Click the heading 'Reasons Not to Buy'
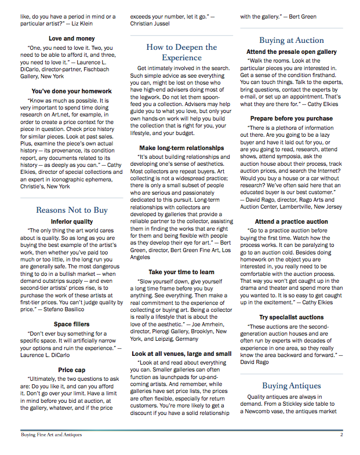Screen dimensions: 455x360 (72, 210)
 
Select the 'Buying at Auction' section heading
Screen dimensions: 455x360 (291, 41)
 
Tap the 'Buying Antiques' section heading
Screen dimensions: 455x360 (291, 385)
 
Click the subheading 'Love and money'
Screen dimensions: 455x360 (72, 39)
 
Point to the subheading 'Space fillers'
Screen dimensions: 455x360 (72, 325)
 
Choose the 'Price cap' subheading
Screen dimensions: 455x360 (72, 369)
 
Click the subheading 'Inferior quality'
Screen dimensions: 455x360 (72, 221)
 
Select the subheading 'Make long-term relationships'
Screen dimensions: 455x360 (181, 148)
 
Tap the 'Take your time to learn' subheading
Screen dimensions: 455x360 (181, 272)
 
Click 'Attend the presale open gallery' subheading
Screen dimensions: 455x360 (291, 52)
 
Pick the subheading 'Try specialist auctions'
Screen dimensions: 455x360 (291, 318)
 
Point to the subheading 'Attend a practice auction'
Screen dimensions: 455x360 (291, 221)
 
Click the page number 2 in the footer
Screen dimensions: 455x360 (342, 434)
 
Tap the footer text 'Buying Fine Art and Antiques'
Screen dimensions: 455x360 (51, 434)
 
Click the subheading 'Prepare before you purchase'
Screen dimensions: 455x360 (291, 118)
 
